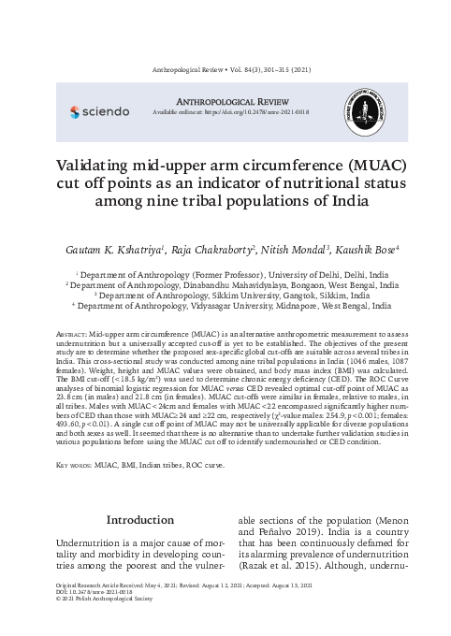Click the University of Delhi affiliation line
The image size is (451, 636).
(225, 276)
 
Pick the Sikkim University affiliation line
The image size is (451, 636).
(225, 295)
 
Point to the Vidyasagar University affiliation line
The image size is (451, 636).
(225, 305)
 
